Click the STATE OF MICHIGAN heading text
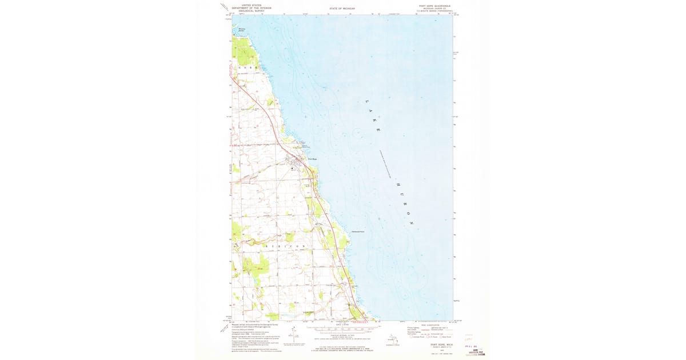point(342,9)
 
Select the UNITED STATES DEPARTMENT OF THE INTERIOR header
point(252,7)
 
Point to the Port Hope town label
point(312,158)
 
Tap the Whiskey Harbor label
point(241,29)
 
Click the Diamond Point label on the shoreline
point(358,231)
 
